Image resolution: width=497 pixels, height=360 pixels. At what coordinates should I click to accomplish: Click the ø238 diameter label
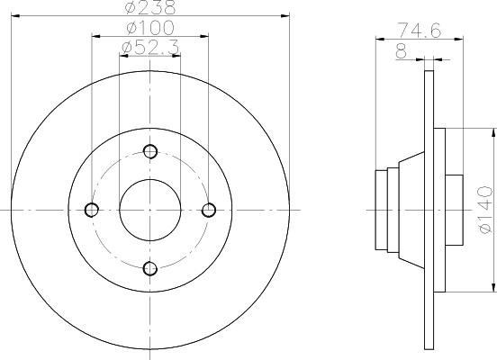(x=150, y=7)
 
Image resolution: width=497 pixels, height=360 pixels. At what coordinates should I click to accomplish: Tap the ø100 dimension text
(x=150, y=28)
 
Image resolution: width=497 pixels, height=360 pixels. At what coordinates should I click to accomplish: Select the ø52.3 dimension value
(x=150, y=48)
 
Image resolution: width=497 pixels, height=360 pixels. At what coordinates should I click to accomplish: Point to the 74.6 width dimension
(x=420, y=31)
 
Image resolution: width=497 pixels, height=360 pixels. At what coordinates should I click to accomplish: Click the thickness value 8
(x=402, y=51)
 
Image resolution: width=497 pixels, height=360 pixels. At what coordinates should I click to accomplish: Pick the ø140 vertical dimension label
(x=485, y=210)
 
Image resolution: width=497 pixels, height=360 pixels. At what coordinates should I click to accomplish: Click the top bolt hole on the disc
(x=150, y=151)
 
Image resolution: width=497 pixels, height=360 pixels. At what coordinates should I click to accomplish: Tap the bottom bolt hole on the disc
(x=150, y=269)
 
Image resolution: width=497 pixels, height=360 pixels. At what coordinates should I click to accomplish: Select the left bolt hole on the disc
(x=92, y=210)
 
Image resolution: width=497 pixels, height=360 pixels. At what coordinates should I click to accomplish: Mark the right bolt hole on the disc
(x=209, y=210)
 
